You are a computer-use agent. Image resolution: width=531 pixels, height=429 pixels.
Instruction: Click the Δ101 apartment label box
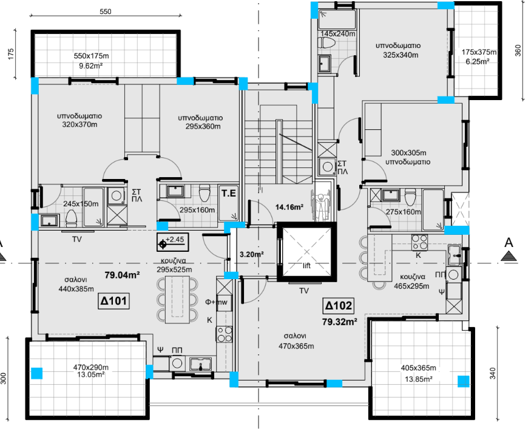(x=113, y=301)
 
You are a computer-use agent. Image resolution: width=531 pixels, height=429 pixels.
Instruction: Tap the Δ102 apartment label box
(x=339, y=306)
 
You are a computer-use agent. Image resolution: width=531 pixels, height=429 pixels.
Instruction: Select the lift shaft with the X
(x=306, y=252)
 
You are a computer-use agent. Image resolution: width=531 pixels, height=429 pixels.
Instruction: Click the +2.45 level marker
(x=173, y=242)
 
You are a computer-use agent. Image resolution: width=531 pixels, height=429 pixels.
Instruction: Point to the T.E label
(x=229, y=194)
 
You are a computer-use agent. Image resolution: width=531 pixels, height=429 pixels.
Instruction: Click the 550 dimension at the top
(x=106, y=12)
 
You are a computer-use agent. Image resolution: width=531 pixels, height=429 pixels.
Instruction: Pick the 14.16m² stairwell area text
(x=289, y=207)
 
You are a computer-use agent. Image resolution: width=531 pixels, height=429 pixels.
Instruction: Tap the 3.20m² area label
(x=252, y=254)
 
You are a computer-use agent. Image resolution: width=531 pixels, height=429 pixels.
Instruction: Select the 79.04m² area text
(x=122, y=275)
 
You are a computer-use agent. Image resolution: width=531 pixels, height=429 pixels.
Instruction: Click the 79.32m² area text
(x=340, y=322)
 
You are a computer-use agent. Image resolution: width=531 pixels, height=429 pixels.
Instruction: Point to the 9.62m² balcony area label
(x=91, y=66)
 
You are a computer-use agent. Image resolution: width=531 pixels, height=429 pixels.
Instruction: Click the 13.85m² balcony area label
(x=419, y=379)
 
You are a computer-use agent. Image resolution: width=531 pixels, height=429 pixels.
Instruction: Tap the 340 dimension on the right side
(x=492, y=373)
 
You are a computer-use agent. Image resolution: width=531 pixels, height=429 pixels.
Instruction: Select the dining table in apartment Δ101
(x=177, y=300)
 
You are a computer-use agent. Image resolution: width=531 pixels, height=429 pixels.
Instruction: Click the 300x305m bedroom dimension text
(x=408, y=153)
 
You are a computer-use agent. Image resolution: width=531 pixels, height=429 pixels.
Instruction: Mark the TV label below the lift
(x=304, y=291)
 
